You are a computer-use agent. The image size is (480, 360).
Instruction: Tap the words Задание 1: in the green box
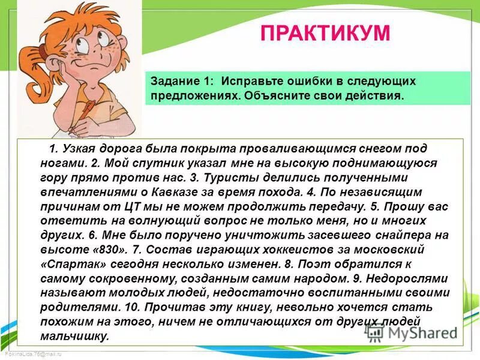(182, 80)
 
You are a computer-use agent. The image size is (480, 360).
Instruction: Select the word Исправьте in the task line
(251, 80)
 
